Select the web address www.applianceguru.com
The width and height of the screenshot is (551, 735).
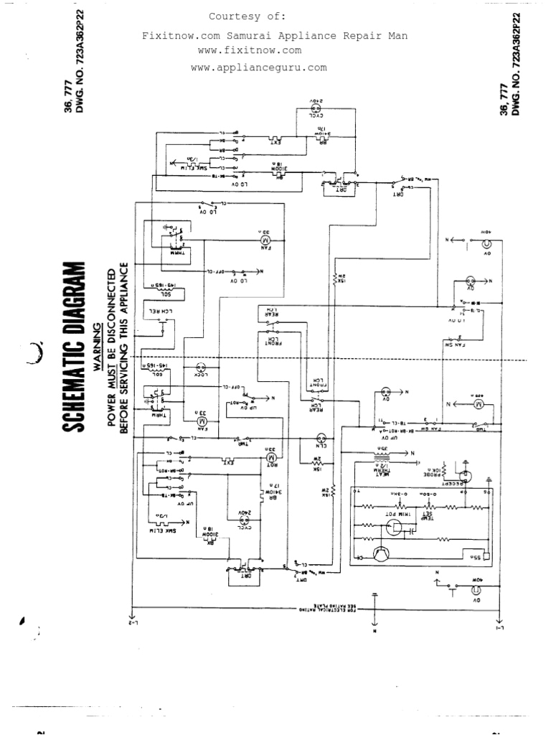coord(258,67)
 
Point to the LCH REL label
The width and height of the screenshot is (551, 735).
coord(161,311)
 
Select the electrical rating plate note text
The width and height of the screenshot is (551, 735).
coord(326,610)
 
